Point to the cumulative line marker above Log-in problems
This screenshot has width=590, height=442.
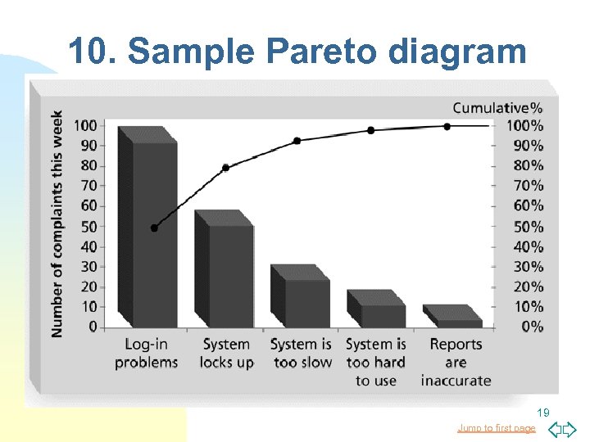point(154,228)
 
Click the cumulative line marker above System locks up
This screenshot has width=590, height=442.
point(225,168)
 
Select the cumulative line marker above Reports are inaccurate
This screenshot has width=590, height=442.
point(447,127)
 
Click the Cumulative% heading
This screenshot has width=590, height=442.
point(497,107)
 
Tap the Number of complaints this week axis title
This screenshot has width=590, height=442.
point(57,223)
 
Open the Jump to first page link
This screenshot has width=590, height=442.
point(496,428)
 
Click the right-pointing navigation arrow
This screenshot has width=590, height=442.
point(570,428)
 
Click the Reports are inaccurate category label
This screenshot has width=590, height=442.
point(456,363)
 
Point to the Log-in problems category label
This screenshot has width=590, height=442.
point(146,354)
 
